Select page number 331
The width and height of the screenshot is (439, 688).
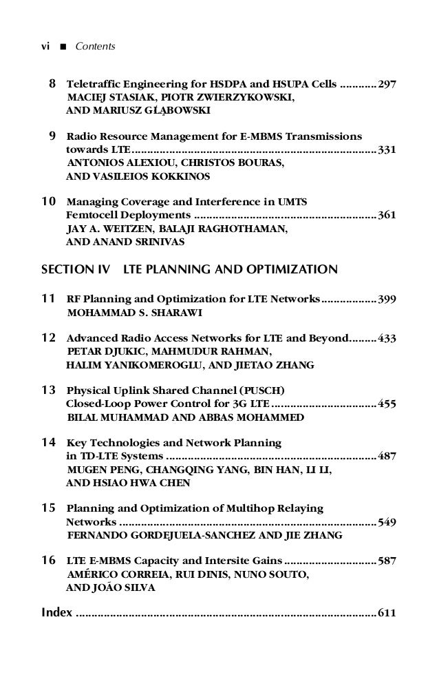coord(387,150)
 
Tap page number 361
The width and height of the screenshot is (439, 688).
coord(387,216)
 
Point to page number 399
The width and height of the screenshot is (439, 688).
coord(387,300)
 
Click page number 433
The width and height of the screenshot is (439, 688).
coord(387,339)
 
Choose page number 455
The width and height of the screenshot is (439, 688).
coord(387,404)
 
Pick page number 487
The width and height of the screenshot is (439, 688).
coord(387,457)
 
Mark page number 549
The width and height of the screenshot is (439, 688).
coord(387,522)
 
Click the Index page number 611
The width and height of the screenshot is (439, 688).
coord(387,613)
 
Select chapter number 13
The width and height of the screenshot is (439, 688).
coord(49,390)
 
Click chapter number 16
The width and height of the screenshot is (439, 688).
coord(49,561)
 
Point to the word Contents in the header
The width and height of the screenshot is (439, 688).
coord(95,47)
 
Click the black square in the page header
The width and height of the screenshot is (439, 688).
coord(63,48)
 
